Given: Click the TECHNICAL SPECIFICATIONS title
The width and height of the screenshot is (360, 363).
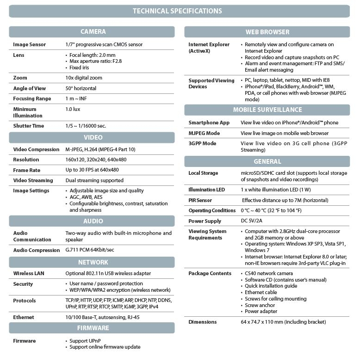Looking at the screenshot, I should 177,11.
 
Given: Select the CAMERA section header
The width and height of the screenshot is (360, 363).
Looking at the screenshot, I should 93,32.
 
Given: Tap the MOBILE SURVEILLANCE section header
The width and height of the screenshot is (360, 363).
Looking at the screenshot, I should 267,110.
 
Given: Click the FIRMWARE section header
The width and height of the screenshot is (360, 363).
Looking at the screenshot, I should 93,328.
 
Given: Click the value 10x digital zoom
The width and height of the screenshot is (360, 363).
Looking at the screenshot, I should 84,78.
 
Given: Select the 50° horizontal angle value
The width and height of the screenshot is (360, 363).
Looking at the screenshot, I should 81,88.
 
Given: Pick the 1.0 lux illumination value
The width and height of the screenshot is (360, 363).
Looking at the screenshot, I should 73,109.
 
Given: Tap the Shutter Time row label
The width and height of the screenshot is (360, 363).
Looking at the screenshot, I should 29,126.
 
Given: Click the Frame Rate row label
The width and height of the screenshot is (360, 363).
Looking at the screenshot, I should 27,170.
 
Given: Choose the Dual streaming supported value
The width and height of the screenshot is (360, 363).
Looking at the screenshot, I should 94,180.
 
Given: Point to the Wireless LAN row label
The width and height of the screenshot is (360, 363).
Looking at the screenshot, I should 29,273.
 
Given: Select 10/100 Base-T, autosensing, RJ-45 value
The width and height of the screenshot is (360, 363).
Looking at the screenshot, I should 102,317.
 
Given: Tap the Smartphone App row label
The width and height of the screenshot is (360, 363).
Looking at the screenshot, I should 209,123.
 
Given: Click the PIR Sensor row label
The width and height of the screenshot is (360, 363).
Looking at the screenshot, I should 200,200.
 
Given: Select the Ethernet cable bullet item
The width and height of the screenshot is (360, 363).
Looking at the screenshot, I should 261,292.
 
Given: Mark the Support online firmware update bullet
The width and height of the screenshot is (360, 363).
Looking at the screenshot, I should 105,347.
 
